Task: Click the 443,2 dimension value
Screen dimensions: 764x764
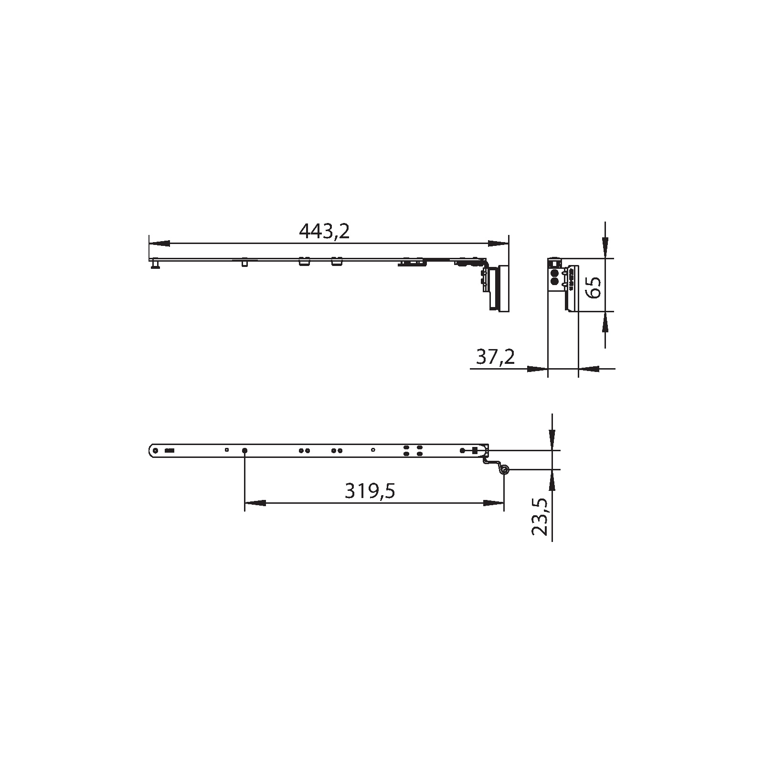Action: coord(324,232)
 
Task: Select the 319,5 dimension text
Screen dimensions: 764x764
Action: coord(370,491)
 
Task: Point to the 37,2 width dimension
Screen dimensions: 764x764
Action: coord(496,357)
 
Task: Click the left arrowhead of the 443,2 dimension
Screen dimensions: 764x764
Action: coord(159,244)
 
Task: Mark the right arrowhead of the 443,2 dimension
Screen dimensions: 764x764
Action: coord(498,244)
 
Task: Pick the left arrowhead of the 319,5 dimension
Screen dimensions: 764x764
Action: coord(255,503)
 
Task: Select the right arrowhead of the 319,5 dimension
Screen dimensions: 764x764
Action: coord(493,503)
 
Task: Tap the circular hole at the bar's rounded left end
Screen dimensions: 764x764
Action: coord(155,450)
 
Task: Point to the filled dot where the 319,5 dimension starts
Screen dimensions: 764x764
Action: coord(244,450)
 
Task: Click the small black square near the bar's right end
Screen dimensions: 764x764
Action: coord(474,450)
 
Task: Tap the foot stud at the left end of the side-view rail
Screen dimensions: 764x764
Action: coord(155,264)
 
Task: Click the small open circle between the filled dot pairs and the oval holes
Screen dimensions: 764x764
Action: coord(373,450)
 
